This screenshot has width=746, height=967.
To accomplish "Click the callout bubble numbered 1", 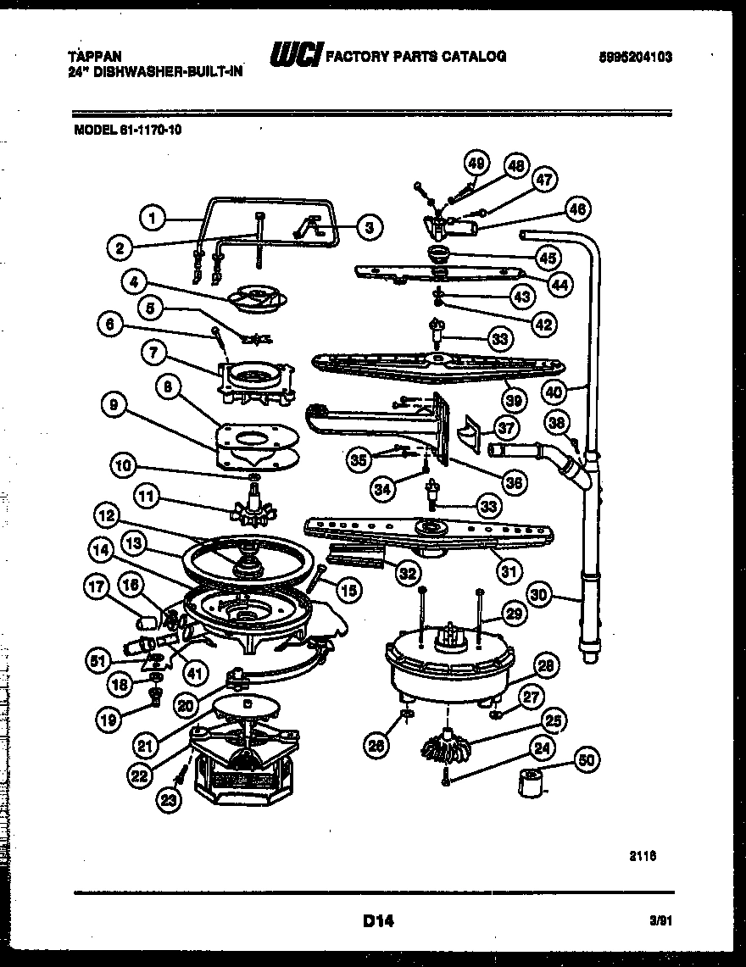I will click(152, 219).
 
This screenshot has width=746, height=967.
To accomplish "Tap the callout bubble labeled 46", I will click(578, 208).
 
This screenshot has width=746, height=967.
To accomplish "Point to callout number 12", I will click(106, 514).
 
